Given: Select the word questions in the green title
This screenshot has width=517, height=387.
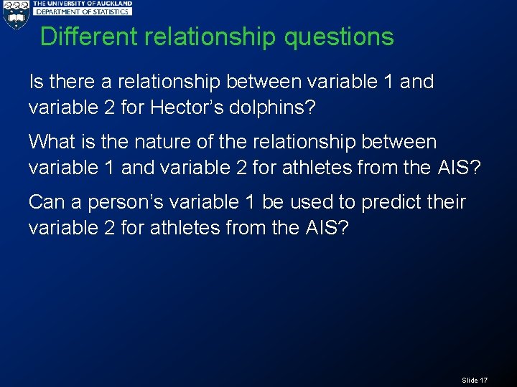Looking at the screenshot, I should click(339, 37).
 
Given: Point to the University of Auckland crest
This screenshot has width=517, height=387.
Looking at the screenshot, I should click(16, 15).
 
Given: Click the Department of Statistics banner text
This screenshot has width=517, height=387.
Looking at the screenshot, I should click(83, 11).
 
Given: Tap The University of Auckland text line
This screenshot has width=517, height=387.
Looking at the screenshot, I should click(83, 4).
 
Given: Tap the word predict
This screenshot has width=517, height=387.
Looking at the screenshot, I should click(390, 202).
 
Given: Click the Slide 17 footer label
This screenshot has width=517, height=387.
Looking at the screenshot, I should click(475, 380).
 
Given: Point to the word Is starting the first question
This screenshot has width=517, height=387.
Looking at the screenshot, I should click(35, 82).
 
